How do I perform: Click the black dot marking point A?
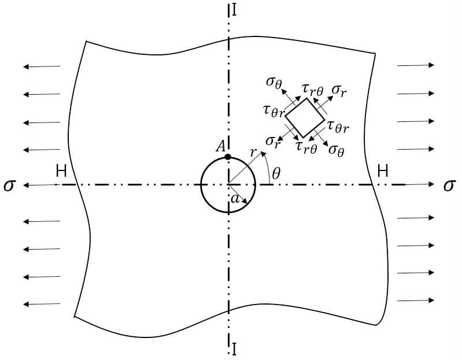[228, 157]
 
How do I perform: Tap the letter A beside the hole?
[221, 146]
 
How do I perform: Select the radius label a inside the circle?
[235, 199]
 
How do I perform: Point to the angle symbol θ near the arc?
[276, 174]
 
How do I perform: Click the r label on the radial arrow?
[253, 152]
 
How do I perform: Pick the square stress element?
[305, 118]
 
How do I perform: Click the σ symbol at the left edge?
[9, 185]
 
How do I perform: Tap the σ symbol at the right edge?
[450, 185]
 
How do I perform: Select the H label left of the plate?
[61, 170]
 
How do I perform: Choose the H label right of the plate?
[383, 170]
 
